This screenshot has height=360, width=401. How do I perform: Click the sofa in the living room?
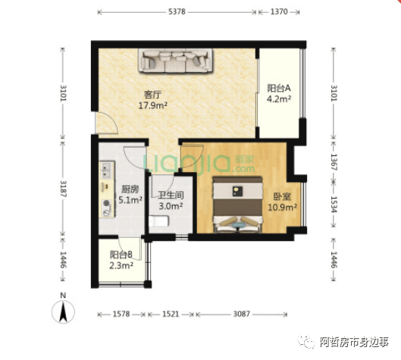(x=175, y=61)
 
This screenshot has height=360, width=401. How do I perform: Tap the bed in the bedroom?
(x=238, y=205)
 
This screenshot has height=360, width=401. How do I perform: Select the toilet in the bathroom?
(x=159, y=221)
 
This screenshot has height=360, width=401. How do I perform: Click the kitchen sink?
(x=107, y=171)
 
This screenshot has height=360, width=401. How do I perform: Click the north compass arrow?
(x=63, y=312)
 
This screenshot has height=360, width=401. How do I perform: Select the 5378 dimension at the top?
(x=177, y=12)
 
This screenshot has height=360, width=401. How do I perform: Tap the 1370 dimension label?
(x=279, y=12)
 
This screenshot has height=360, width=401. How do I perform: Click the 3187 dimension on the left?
(x=63, y=189)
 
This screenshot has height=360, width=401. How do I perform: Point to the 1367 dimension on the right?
(x=334, y=162)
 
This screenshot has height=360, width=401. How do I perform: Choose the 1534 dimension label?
(x=334, y=205)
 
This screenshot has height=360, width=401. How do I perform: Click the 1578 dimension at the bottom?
(x=121, y=314)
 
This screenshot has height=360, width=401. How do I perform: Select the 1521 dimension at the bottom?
(x=171, y=314)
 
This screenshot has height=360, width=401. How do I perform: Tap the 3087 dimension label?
(x=241, y=314)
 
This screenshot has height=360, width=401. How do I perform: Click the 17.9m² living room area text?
(x=153, y=105)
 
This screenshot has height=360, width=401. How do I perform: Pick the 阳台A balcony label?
(x=279, y=88)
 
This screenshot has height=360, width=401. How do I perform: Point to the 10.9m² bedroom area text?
(x=282, y=207)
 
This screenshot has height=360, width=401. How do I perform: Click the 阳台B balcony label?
(x=121, y=255)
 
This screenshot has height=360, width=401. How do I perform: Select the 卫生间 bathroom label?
(x=171, y=195)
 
